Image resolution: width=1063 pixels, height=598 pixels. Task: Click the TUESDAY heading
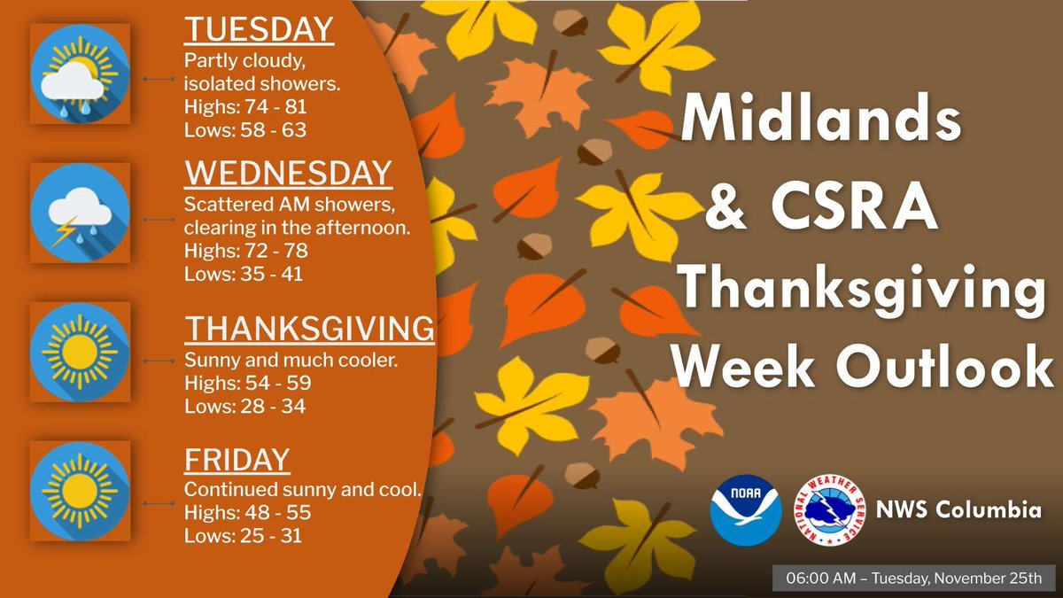pos(259,31)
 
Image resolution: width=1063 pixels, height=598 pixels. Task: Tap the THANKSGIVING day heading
pos(309,330)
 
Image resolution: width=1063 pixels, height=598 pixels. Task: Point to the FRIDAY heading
pos(237,460)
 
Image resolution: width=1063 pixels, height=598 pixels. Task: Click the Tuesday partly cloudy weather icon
pos(80,74)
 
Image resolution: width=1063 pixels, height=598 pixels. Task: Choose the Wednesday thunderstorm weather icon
pos(80,213)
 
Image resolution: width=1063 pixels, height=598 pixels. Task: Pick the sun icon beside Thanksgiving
pos(80,352)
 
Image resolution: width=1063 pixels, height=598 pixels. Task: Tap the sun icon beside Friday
pos(80,492)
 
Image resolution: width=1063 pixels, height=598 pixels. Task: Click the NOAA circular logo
pos(746,510)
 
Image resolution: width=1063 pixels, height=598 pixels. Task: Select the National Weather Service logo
pos(829,510)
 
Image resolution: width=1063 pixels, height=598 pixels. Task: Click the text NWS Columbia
pos(946,511)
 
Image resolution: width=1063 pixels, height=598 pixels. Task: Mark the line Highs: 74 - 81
pos(245,107)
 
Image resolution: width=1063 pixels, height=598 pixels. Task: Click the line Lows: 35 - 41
pos(244,274)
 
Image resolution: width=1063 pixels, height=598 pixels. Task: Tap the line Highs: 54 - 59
pos(247,384)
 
